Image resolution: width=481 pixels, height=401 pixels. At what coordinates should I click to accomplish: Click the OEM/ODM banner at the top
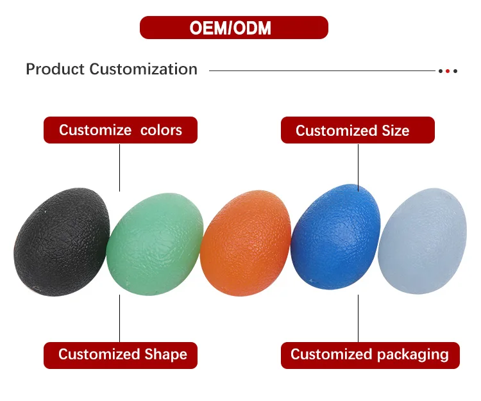tap(233, 28)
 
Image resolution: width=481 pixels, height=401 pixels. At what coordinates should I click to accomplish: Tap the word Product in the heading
tap(55, 69)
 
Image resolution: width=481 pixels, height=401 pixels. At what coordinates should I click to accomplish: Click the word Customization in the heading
tap(143, 69)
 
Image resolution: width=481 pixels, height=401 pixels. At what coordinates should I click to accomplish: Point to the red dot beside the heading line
tap(448, 71)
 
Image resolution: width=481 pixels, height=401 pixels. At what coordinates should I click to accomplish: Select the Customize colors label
tap(121, 130)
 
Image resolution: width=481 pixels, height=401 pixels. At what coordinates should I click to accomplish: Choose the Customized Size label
tap(358, 130)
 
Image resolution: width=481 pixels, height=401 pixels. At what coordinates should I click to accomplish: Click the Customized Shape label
tap(121, 356)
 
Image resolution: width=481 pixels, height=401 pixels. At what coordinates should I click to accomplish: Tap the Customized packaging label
tap(370, 356)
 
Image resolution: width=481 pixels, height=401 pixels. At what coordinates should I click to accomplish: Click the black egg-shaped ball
tap(62, 242)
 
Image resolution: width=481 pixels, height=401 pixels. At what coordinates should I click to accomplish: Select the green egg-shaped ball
tap(155, 244)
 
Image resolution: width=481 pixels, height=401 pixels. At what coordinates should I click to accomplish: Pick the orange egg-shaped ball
tap(246, 243)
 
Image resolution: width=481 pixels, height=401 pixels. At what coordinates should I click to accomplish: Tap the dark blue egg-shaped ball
tap(335, 236)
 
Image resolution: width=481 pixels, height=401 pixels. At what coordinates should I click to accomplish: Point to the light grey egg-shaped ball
tap(423, 241)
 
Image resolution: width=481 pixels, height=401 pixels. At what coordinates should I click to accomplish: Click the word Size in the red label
tap(396, 131)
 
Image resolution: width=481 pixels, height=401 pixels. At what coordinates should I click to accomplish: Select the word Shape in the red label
tap(165, 354)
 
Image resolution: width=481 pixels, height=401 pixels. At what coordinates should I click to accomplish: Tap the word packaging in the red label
tap(413, 355)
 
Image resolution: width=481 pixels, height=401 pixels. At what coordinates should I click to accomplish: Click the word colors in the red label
tap(161, 130)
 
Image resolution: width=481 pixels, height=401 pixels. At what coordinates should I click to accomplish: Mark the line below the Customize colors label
tap(120, 168)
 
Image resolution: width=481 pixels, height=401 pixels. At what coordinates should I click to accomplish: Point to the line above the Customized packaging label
tap(358, 318)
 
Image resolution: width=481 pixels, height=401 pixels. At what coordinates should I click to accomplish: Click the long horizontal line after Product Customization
tap(322, 70)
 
